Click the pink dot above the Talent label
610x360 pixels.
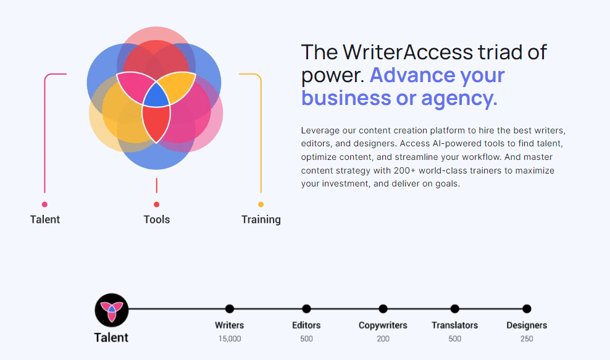[x=44, y=204]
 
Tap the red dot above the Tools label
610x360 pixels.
[x=157, y=204]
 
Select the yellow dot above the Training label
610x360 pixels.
[x=261, y=204]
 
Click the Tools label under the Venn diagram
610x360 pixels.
[x=157, y=219]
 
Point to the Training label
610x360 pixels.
[x=261, y=219]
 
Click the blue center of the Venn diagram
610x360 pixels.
[x=156, y=96]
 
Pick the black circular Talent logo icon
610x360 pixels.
[x=111, y=309]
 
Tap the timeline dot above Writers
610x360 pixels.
[x=230, y=309]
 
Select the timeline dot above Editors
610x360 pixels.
[x=306, y=309]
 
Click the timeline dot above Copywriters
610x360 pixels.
[x=383, y=309]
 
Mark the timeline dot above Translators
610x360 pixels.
[x=455, y=309]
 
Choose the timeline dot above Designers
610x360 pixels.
[x=527, y=309]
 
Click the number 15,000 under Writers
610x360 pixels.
[x=230, y=338]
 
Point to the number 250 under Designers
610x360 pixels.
[x=527, y=338]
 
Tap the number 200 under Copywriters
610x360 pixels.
[x=383, y=338]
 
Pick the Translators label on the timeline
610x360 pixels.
[x=455, y=325]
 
